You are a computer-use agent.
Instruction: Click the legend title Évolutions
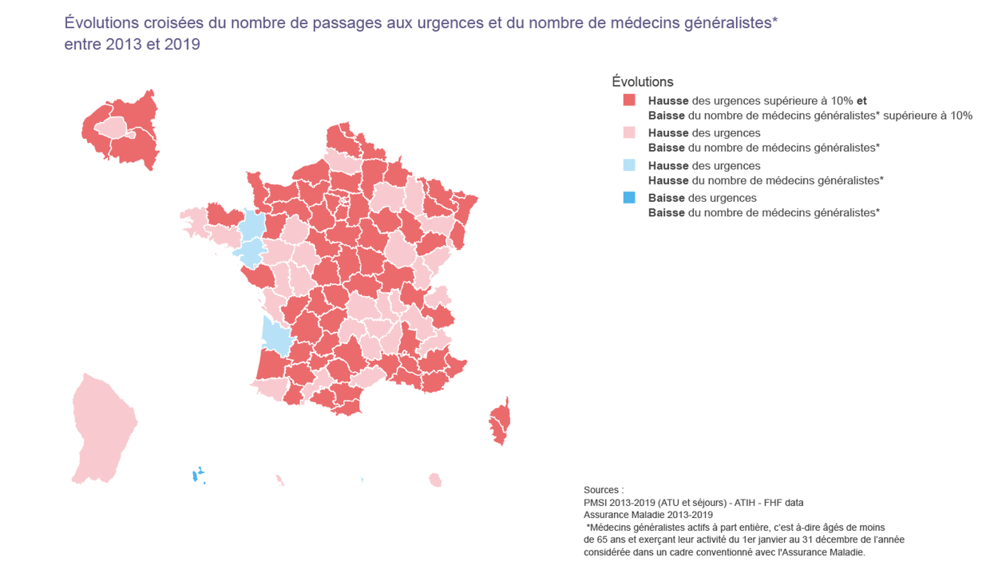tap(642, 81)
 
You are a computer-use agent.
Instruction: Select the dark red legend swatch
tap(629, 101)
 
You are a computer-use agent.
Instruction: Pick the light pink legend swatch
tap(629, 132)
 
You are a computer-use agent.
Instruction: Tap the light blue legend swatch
tap(629, 165)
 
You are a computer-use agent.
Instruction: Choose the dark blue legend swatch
tap(629, 198)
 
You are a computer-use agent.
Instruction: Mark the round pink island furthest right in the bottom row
tap(434, 480)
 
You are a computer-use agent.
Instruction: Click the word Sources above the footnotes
tap(602, 489)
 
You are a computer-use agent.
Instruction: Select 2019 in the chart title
tap(182, 45)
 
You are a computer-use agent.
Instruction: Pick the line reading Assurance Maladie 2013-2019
tap(648, 515)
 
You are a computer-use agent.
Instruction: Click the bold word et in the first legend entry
tap(861, 101)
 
